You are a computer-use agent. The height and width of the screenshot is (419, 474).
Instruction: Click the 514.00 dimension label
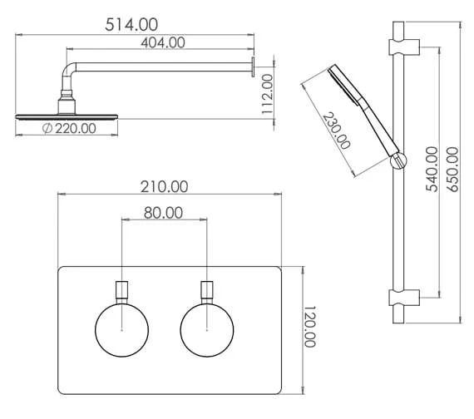click(131, 25)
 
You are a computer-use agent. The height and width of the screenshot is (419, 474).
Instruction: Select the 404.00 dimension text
click(163, 42)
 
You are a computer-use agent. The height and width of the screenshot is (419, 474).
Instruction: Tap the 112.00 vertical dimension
click(268, 94)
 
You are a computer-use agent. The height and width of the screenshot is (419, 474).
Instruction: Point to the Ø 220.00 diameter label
click(69, 129)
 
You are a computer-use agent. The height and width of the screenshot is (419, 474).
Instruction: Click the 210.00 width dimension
click(164, 187)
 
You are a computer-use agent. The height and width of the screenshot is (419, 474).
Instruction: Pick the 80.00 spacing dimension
click(163, 213)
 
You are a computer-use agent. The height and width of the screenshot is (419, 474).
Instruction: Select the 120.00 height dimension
click(309, 327)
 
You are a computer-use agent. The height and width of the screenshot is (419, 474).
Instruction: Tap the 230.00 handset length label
click(336, 131)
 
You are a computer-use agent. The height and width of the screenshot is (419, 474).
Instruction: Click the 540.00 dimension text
click(432, 169)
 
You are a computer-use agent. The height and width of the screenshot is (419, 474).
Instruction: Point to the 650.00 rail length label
click(452, 169)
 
